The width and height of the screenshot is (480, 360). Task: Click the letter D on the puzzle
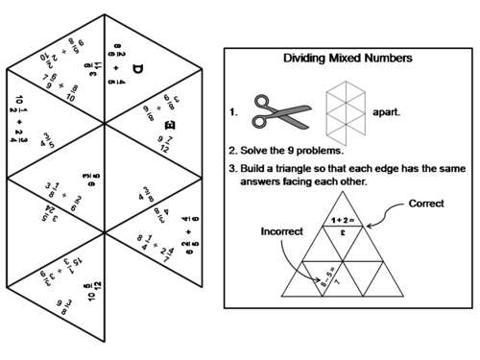[135, 70]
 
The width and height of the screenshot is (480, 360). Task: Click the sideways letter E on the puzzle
[169, 126]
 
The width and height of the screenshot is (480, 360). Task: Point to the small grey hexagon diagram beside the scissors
[345, 108]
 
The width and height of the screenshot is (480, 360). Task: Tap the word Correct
[426, 204]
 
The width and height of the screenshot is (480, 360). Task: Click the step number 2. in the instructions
[233, 151]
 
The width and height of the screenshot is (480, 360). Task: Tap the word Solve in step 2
[258, 151]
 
